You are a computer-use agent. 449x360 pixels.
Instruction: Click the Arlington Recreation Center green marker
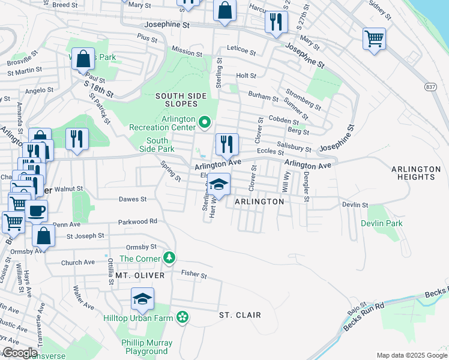[205, 123]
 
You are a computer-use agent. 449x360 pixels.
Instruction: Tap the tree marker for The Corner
[170, 258]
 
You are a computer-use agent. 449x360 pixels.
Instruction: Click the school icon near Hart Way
[219, 185]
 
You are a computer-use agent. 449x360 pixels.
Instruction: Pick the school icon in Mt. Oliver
[142, 299]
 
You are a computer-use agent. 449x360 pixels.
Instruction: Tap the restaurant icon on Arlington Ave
[227, 144]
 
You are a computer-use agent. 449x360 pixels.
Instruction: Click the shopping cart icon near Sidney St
[374, 39]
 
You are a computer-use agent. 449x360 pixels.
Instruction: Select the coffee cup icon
[36, 211]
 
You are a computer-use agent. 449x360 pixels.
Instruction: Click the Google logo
[19, 353]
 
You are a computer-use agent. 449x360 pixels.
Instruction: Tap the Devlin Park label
[382, 223]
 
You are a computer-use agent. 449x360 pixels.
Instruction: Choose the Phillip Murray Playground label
[146, 347]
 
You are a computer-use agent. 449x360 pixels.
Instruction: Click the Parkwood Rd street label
[137, 221]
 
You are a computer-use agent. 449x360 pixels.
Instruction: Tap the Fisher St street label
[194, 275]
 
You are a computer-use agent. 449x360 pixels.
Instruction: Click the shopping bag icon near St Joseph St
[43, 236]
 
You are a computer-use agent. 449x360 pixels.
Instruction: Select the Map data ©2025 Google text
[412, 355]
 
